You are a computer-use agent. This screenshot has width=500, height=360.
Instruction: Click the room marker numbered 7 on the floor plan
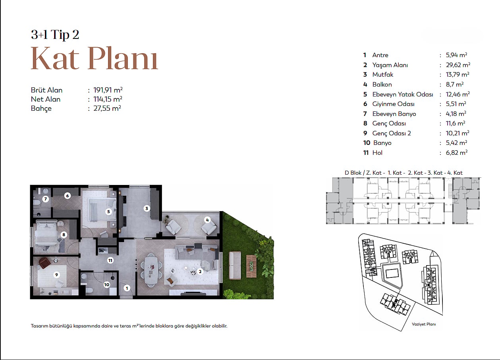(x=46, y=199)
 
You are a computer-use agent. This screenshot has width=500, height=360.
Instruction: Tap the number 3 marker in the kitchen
(x=147, y=208)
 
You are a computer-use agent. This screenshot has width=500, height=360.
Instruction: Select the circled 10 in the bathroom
(x=107, y=285)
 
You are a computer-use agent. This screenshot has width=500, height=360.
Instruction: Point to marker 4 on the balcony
(x=207, y=220)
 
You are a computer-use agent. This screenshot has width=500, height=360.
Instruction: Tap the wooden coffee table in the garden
(x=251, y=266)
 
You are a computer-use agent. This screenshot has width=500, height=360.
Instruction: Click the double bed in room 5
(x=102, y=210)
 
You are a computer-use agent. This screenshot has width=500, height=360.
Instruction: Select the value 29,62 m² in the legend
(x=458, y=65)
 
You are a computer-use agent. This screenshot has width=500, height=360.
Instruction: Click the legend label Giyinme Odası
(x=393, y=104)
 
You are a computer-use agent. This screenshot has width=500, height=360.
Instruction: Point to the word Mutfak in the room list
(x=382, y=75)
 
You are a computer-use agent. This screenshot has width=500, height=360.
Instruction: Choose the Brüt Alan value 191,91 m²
(x=108, y=90)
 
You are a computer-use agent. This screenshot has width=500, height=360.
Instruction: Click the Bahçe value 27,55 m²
(x=107, y=108)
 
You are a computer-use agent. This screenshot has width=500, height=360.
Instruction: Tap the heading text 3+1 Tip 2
(x=55, y=35)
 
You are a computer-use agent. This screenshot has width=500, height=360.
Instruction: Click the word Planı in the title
(x=123, y=58)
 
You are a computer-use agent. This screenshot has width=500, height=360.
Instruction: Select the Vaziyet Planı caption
(x=424, y=324)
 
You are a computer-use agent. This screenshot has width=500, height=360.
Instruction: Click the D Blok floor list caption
(x=403, y=173)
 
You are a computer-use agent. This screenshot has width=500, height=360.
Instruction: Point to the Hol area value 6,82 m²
(x=457, y=152)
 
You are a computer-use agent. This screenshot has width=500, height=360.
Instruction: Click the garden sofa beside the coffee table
(x=235, y=266)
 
